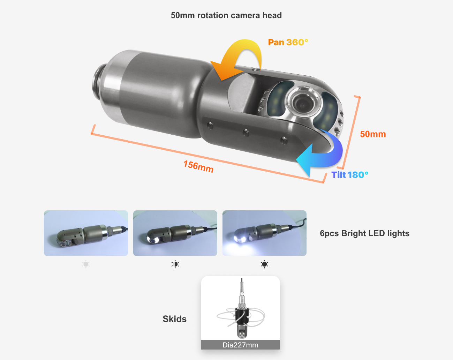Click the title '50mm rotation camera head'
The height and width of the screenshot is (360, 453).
click(226, 15)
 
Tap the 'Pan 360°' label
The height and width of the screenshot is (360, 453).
click(288, 42)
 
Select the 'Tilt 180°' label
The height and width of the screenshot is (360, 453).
click(350, 175)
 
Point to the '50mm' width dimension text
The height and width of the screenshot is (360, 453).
click(373, 134)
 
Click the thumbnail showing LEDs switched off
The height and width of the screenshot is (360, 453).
click(86, 233)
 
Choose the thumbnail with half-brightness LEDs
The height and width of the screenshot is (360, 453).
click(175, 233)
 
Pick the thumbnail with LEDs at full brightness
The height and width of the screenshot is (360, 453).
click(264, 233)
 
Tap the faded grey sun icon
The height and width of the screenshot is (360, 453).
click(86, 264)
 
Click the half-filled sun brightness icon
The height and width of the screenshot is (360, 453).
click(175, 264)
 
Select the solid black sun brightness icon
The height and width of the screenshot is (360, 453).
click(264, 264)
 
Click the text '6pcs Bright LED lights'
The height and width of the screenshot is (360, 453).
click(364, 233)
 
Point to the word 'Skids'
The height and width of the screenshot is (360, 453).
click(174, 319)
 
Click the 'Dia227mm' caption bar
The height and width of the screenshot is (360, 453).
click(241, 345)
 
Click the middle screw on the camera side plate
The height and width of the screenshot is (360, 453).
click(246, 133)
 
